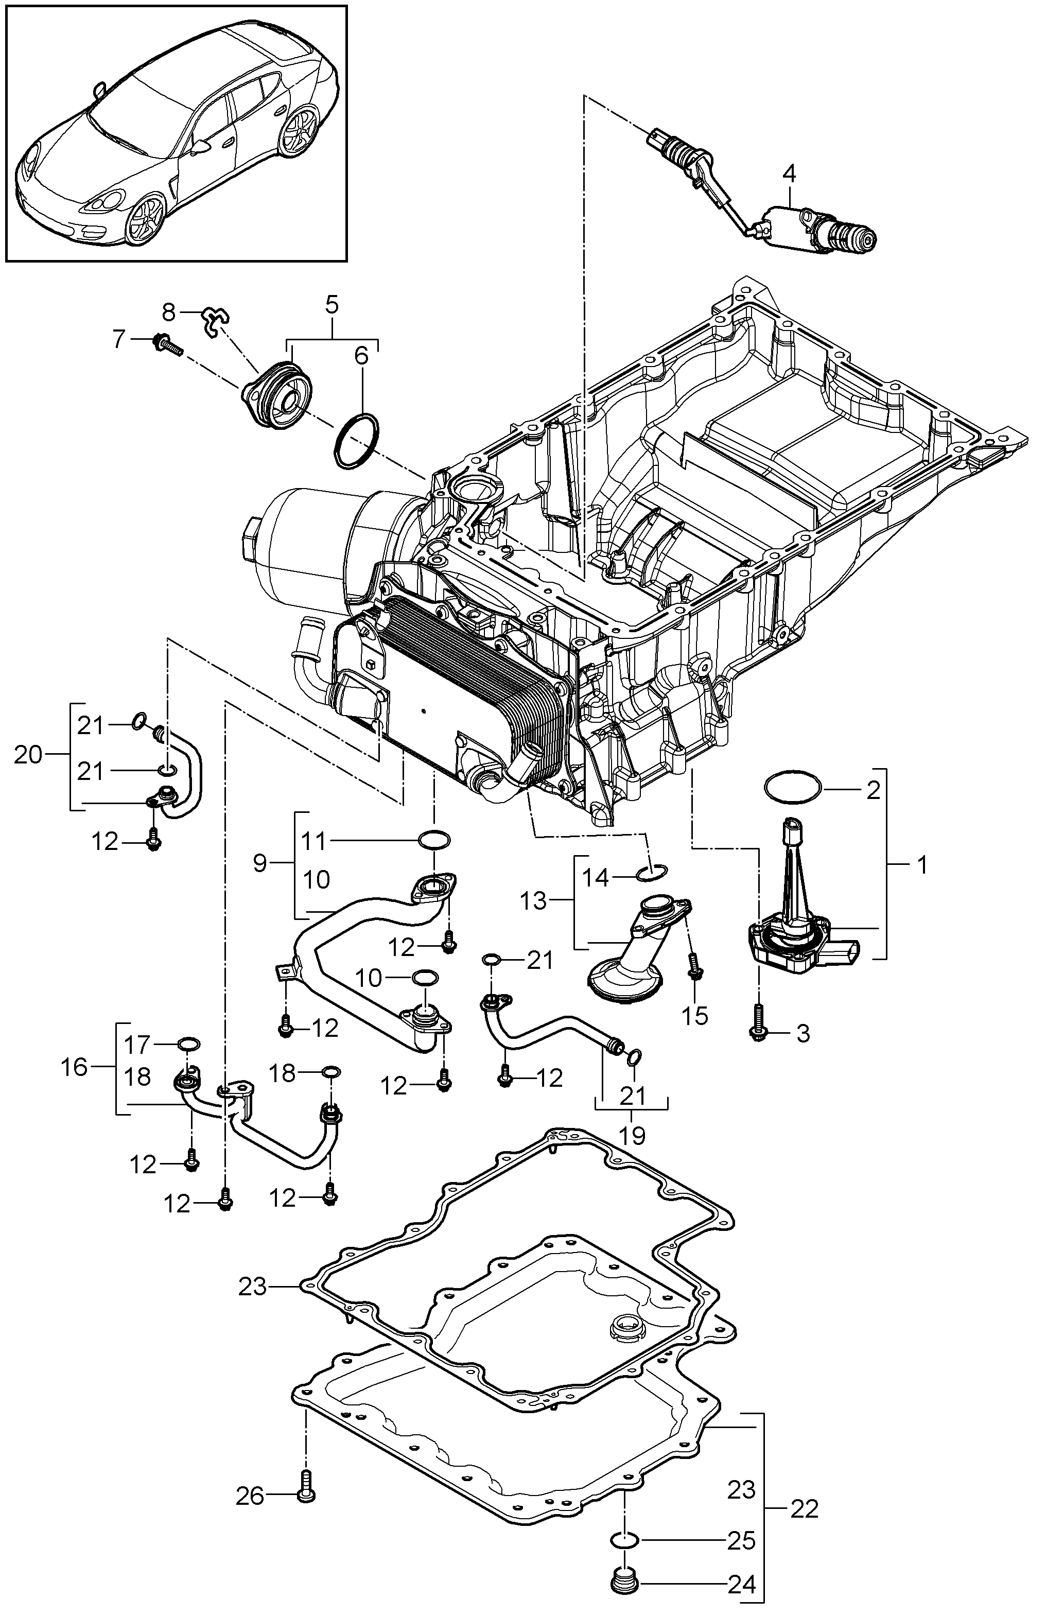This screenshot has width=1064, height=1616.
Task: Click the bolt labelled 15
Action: [x=694, y=965]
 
